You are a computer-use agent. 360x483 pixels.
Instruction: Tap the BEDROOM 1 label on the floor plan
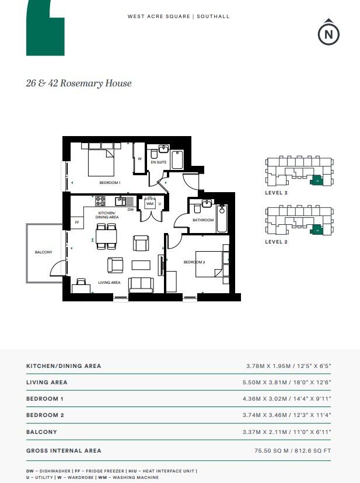click(110, 183)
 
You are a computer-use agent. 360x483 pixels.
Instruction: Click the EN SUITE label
click(158, 162)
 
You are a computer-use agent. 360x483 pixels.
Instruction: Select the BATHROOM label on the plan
click(204, 220)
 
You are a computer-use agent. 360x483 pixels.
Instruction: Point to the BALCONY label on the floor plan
click(44, 252)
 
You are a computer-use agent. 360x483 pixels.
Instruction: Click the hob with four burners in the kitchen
click(100, 200)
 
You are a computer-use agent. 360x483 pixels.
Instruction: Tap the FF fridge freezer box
click(76, 222)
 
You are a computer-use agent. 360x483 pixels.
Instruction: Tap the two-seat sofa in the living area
click(141, 284)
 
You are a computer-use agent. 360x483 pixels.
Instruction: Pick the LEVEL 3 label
click(277, 192)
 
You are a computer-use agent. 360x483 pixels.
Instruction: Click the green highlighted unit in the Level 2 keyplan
click(317, 230)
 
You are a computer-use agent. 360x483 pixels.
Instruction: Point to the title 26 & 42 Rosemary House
click(79, 83)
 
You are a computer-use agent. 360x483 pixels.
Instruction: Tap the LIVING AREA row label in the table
click(47, 382)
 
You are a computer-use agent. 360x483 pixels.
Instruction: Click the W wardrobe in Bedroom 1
click(139, 158)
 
